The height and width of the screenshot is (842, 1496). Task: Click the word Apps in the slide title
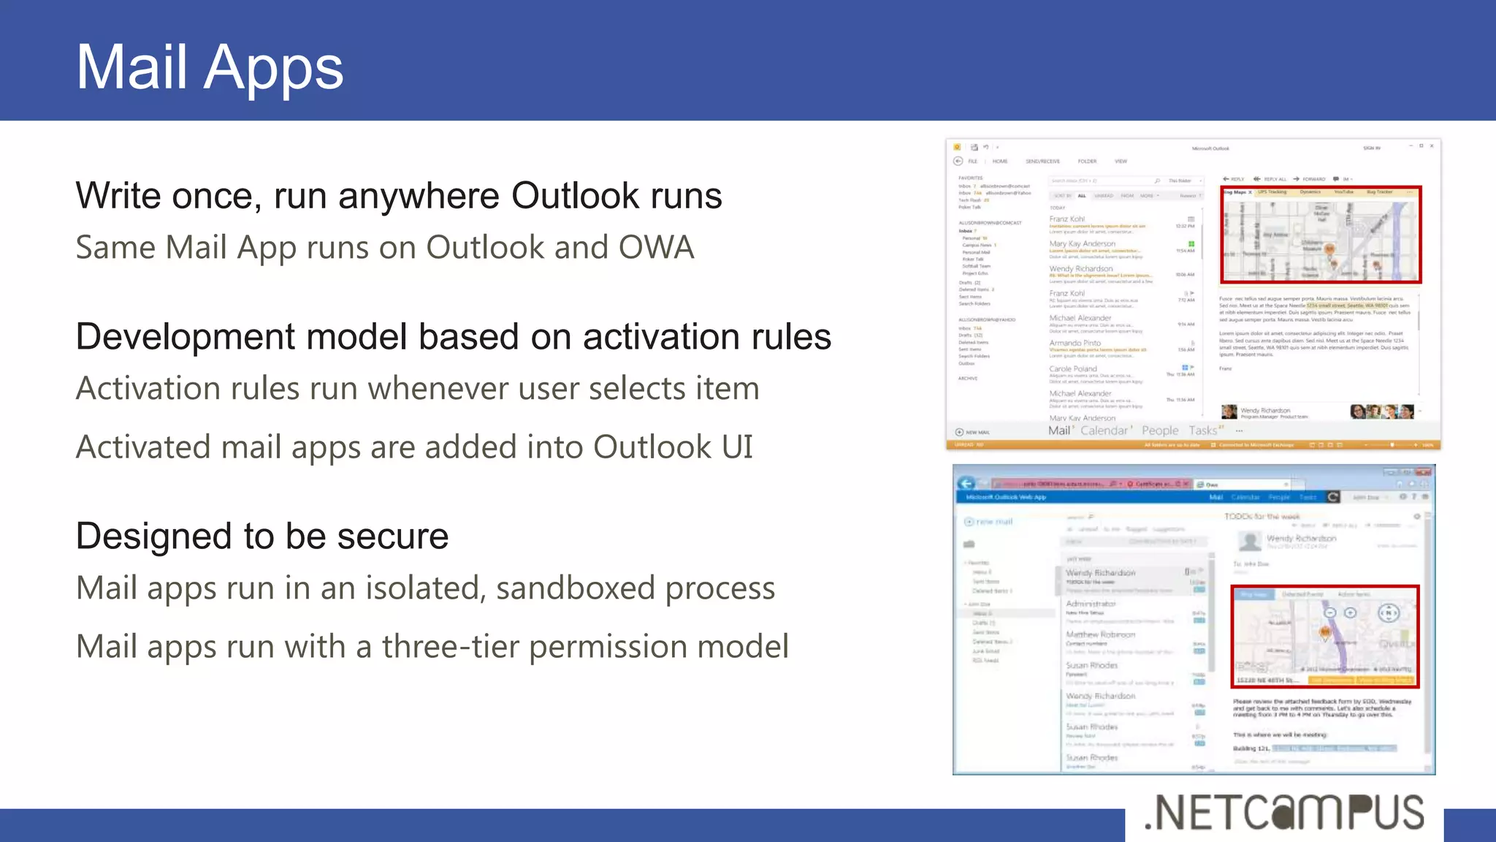(x=273, y=68)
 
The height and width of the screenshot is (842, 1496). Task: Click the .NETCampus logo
(x=1284, y=813)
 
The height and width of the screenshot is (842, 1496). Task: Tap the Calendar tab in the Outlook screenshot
(x=1104, y=431)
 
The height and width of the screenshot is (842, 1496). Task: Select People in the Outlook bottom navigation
(x=1160, y=431)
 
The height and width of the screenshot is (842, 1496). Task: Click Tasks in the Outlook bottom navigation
(x=1202, y=431)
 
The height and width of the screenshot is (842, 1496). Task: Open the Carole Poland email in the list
(x=1073, y=370)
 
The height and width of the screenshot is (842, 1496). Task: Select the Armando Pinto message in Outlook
(x=1075, y=344)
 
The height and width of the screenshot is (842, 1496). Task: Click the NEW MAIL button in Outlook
(x=973, y=432)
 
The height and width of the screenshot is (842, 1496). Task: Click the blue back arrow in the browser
(x=966, y=483)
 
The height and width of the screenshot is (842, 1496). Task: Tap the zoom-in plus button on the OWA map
(x=1350, y=613)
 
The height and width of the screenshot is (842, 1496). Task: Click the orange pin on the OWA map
(x=1325, y=632)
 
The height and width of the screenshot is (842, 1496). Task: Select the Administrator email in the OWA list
(x=1091, y=604)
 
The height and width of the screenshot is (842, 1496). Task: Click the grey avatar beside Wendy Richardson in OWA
(x=1250, y=542)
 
